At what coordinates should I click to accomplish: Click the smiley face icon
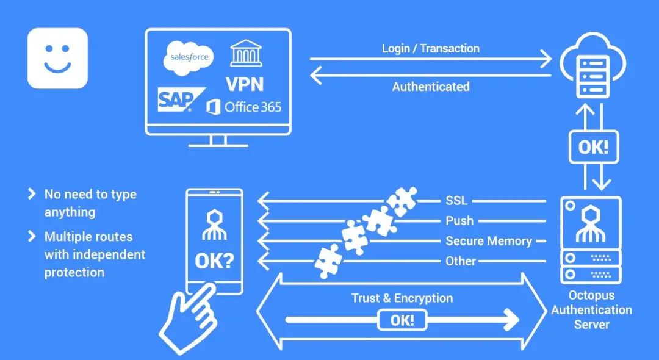[57, 58]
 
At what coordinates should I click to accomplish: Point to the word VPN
[245, 84]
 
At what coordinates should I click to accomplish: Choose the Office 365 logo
[244, 107]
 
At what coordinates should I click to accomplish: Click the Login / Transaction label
[430, 48]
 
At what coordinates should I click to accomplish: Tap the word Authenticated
[430, 87]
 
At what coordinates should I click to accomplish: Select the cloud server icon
[593, 67]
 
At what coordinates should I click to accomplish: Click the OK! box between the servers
[593, 147]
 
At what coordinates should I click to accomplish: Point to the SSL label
[456, 201]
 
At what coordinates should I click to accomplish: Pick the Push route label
[459, 221]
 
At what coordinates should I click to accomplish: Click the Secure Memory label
[488, 241]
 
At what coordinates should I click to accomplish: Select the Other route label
[461, 261]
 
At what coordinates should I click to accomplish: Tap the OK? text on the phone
[214, 261]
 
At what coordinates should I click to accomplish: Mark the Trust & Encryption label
[402, 298]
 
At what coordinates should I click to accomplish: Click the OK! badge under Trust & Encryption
[402, 320]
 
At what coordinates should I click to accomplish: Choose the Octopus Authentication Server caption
[591, 309]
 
